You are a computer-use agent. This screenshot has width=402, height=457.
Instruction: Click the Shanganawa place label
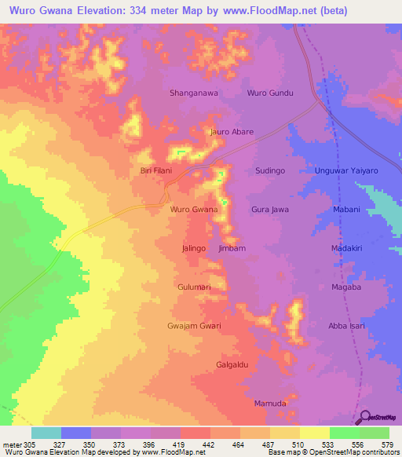tap(194, 93)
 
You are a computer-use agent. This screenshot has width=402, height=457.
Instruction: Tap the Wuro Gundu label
tap(270, 93)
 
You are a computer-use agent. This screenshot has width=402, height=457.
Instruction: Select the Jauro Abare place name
tap(231, 132)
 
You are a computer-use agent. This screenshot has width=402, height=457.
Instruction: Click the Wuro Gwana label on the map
tap(194, 210)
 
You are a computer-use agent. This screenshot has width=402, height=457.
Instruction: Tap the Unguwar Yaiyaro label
tap(346, 170)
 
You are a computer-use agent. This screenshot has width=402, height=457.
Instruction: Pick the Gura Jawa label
tap(270, 210)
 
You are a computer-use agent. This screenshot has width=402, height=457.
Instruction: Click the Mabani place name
tap(346, 210)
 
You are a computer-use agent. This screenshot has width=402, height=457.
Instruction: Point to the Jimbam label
tap(232, 248)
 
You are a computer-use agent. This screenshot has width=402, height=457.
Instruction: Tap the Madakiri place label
tap(346, 248)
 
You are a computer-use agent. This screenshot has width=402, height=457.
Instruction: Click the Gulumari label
tap(194, 287)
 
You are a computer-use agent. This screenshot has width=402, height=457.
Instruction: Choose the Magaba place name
tap(346, 287)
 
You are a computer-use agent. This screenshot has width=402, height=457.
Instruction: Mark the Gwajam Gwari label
tap(194, 326)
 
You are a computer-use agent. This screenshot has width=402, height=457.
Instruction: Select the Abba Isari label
tap(346, 326)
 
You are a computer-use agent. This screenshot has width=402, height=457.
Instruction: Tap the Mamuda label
tap(270, 404)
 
